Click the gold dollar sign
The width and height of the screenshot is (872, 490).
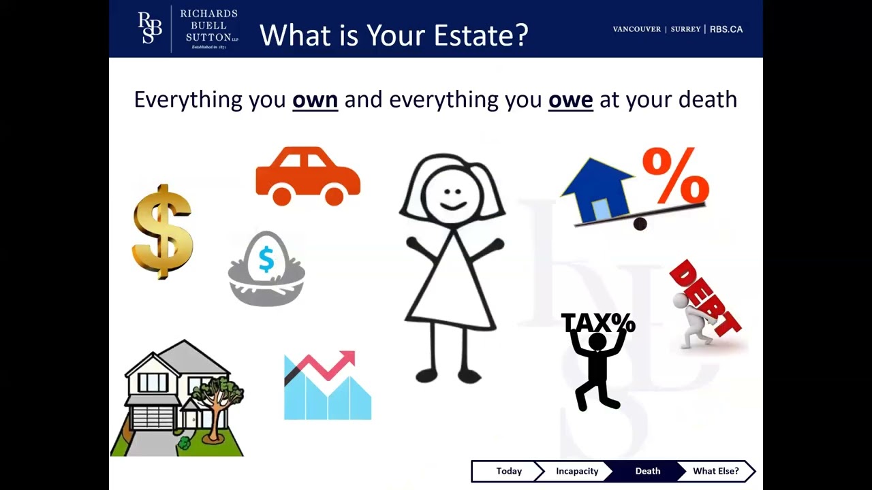pos(162,231)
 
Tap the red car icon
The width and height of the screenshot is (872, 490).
pos(308,176)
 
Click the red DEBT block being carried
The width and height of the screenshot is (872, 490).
pos(706,297)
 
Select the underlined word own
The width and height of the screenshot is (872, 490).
pos(315,100)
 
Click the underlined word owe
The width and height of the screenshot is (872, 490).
pos(570,100)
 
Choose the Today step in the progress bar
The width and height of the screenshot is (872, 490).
pos(509,471)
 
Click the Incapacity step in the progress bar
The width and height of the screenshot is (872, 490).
pos(577,471)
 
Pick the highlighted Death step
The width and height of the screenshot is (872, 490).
pos(647,471)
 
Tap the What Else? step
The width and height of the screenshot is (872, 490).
pos(715,471)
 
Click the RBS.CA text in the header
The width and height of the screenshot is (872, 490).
pos(726,29)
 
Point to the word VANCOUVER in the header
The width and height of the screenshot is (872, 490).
pos(636,29)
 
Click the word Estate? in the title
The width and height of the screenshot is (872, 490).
pos(481,35)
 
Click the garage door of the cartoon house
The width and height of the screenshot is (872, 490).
pos(156,416)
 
